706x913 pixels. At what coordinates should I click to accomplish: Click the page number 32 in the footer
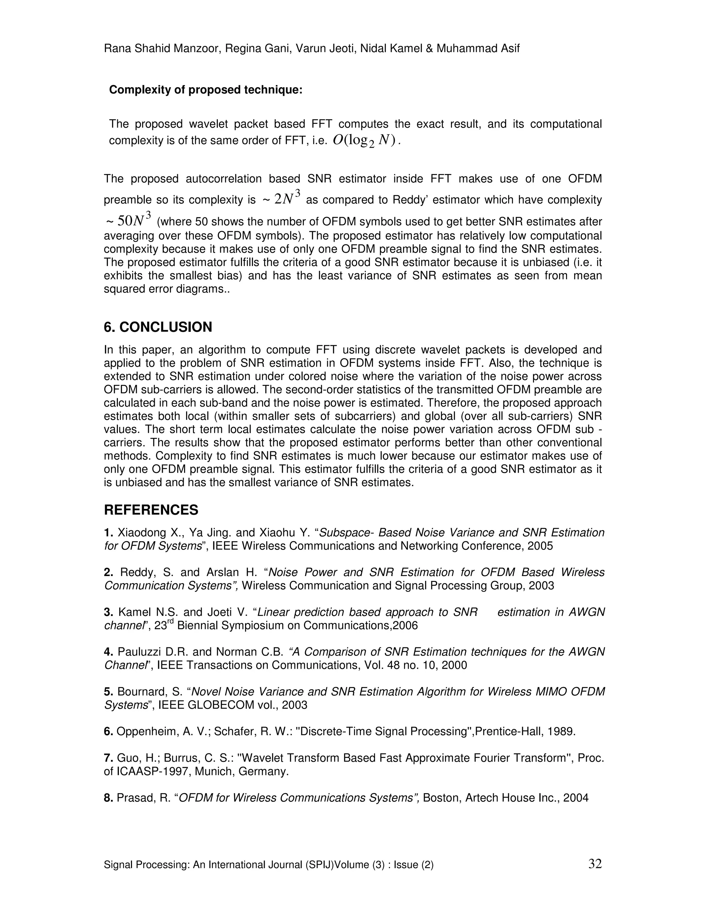[x=595, y=863]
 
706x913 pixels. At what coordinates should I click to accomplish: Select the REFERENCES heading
[x=151, y=510]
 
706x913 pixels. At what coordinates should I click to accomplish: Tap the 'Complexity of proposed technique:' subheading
[x=205, y=90]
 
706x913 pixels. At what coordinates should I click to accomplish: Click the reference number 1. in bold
[x=108, y=533]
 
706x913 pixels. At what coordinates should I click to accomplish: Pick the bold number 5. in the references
[x=108, y=691]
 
